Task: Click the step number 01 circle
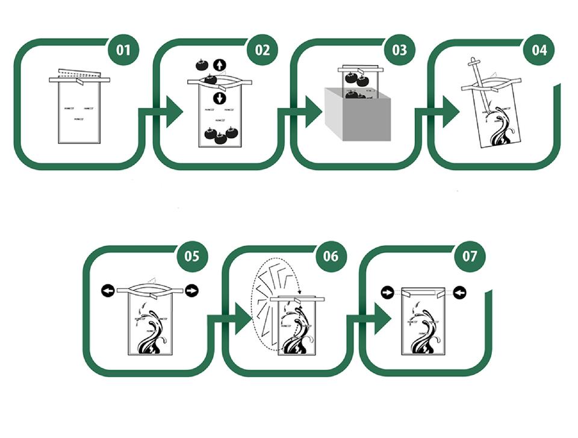(x=124, y=50)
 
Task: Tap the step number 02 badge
(x=263, y=50)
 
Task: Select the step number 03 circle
(x=400, y=50)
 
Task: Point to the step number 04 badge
(x=539, y=50)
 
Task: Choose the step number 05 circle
(x=191, y=256)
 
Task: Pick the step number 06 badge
(x=331, y=256)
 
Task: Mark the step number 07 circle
(x=470, y=256)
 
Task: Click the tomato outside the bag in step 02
(x=201, y=66)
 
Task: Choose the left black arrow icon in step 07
(x=387, y=293)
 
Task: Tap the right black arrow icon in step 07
(x=459, y=293)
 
